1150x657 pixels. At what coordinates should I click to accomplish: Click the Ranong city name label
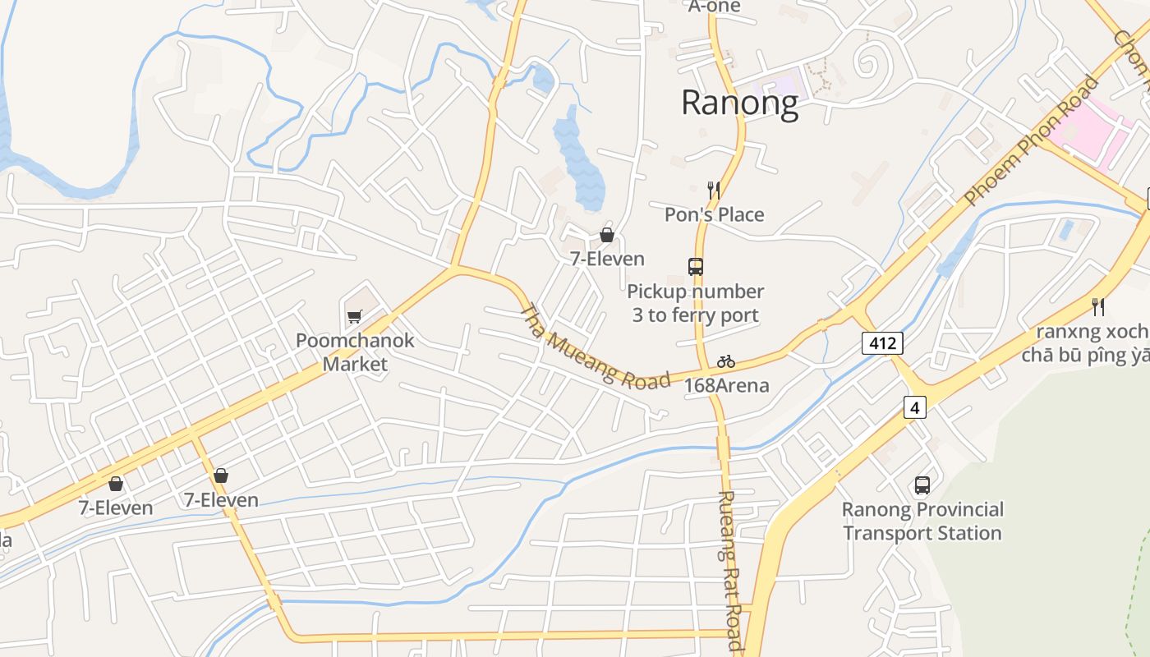pyautogui.click(x=739, y=103)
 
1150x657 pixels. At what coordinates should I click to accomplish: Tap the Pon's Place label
pyautogui.click(x=714, y=214)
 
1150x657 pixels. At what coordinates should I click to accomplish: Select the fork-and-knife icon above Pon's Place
pyautogui.click(x=713, y=191)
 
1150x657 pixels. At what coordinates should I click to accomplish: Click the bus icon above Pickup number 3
pyautogui.click(x=695, y=267)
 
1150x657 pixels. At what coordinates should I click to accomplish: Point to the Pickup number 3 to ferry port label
pyautogui.click(x=695, y=303)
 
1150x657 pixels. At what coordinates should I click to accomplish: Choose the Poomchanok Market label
pyautogui.click(x=355, y=351)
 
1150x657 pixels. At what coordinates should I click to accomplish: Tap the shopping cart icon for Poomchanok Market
pyautogui.click(x=354, y=316)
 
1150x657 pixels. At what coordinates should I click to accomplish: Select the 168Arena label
pyautogui.click(x=726, y=385)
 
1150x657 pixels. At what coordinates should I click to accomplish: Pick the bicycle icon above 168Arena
pyautogui.click(x=725, y=361)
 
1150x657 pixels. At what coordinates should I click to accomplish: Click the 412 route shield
pyautogui.click(x=882, y=342)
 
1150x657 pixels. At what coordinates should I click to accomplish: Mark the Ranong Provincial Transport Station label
pyautogui.click(x=922, y=521)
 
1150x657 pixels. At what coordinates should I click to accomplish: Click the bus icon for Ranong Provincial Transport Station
pyautogui.click(x=922, y=485)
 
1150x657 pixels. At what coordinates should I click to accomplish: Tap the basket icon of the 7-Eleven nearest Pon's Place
pyautogui.click(x=607, y=236)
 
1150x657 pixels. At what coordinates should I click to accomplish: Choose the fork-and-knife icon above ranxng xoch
pyautogui.click(x=1098, y=307)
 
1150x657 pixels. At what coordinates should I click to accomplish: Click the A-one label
pyautogui.click(x=714, y=7)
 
